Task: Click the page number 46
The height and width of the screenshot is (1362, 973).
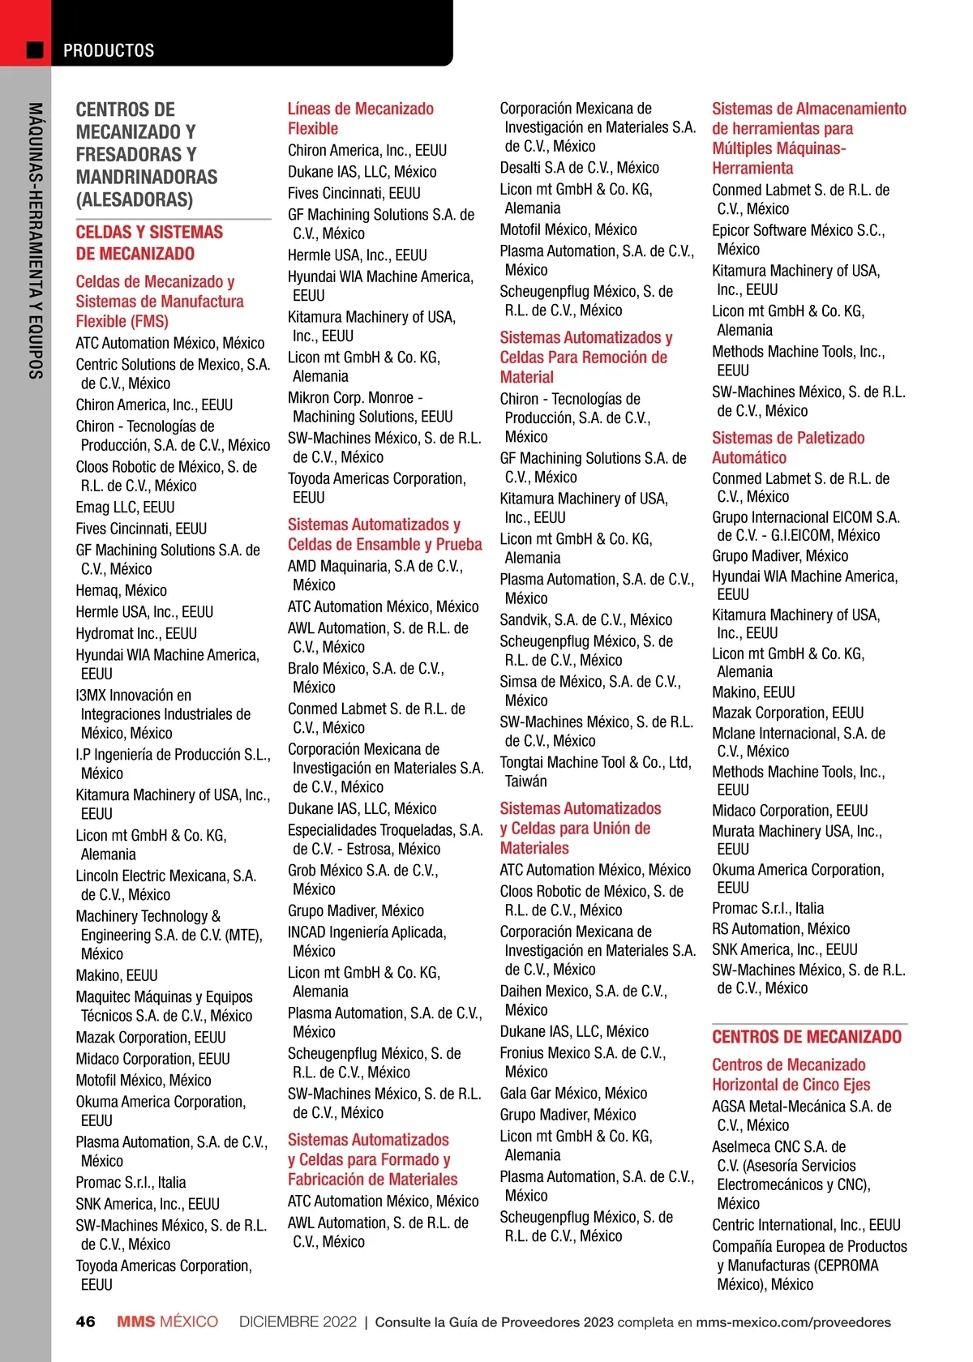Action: (85, 1321)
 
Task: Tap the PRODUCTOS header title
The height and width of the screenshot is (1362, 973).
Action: (109, 50)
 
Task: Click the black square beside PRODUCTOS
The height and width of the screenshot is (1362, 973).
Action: (35, 50)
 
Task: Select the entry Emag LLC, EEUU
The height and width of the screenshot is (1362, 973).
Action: (125, 508)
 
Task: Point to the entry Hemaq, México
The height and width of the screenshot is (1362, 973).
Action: (121, 590)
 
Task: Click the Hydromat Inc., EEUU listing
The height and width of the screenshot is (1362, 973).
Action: (136, 633)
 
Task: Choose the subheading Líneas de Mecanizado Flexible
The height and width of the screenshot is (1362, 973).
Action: (360, 118)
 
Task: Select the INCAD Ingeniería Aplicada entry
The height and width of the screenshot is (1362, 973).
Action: (366, 933)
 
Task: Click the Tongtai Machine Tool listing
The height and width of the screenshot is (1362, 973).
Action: (594, 763)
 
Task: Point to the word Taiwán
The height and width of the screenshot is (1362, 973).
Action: (525, 782)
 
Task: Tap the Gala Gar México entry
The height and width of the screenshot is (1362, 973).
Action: (572, 1094)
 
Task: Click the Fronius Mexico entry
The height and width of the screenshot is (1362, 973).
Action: (581, 1053)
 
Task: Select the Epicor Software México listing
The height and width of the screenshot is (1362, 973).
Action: (797, 230)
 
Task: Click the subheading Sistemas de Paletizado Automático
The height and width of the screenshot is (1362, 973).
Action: (787, 448)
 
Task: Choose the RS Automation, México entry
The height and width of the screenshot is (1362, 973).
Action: (780, 929)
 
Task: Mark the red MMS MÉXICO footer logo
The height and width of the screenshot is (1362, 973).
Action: (167, 1321)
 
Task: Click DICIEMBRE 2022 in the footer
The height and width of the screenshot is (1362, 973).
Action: (298, 1321)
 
